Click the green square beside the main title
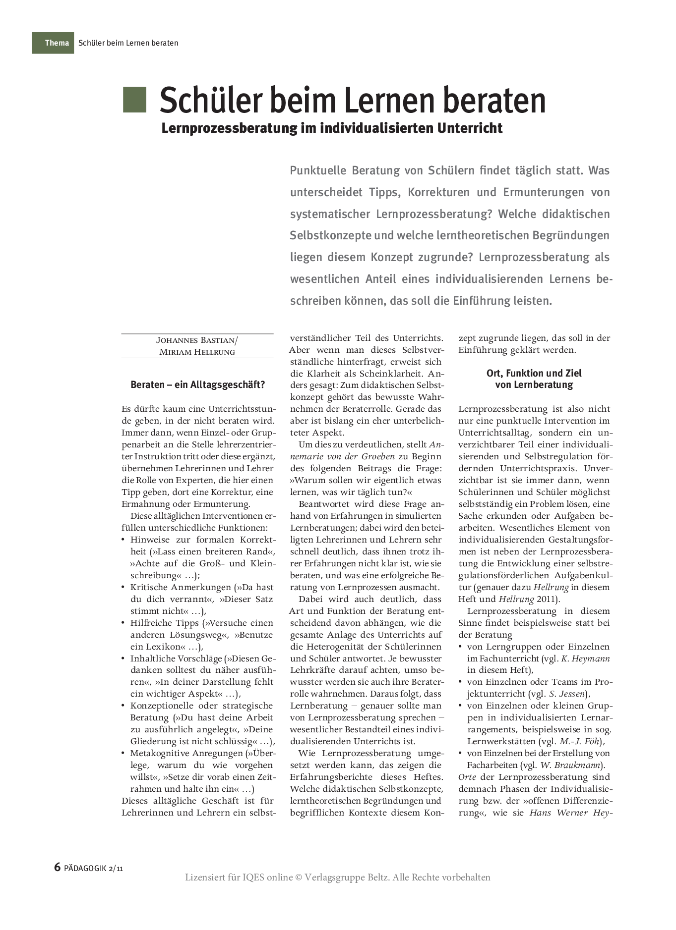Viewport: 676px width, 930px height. [x=134, y=100]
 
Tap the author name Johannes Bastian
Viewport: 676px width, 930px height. [x=196, y=340]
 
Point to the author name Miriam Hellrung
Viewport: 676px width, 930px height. [x=197, y=352]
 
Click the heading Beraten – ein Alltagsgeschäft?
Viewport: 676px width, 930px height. [x=197, y=385]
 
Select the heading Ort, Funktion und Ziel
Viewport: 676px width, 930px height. [x=534, y=373]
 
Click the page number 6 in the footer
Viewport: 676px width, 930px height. [x=58, y=867]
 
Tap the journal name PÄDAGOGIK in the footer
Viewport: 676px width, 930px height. [x=85, y=868]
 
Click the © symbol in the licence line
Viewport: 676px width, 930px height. [x=299, y=877]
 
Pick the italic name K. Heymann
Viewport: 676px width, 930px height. [x=585, y=658]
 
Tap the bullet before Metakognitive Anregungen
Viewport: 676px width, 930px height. [x=123, y=753]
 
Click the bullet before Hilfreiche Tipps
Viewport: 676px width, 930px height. [x=123, y=623]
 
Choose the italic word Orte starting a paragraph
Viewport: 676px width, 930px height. [x=468, y=777]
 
